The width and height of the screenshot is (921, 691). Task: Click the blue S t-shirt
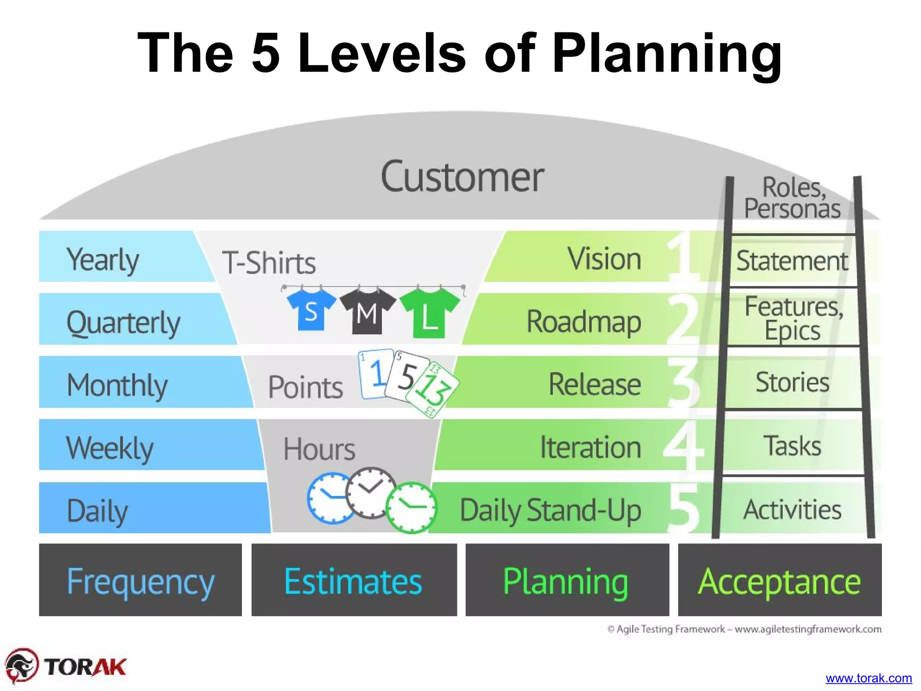(311, 310)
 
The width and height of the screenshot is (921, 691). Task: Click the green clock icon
(411, 507)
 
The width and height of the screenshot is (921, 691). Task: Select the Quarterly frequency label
(123, 322)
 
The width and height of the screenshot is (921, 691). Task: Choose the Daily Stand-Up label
(550, 511)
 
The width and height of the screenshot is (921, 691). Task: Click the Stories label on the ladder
(792, 382)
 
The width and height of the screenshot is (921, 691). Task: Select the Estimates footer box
(354, 580)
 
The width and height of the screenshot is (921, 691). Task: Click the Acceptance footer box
(779, 580)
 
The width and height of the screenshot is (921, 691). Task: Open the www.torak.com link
(868, 678)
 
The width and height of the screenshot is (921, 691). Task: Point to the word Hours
(319, 449)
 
